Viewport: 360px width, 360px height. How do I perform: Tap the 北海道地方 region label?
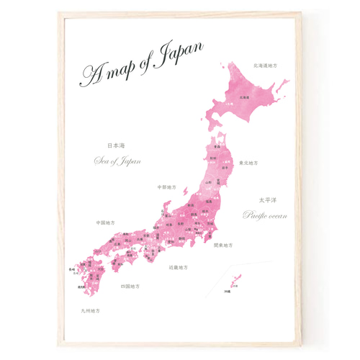[x=265, y=66]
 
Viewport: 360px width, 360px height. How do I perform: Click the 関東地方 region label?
[x=223, y=245]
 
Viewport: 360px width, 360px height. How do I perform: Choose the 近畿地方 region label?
[x=178, y=267]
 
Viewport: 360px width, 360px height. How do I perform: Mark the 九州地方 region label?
[x=91, y=311]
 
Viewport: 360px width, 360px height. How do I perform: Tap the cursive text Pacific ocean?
[x=265, y=215]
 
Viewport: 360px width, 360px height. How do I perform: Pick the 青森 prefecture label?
[x=216, y=145]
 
